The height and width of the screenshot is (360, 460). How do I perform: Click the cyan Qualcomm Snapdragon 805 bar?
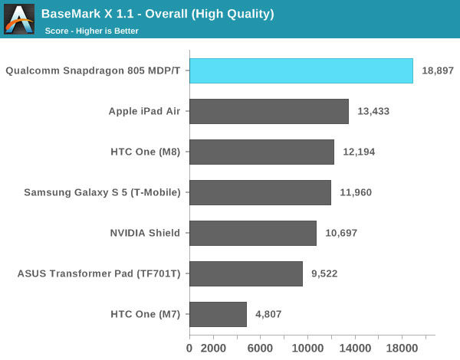point(301,70)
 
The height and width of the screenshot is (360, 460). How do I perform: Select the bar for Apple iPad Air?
point(268,111)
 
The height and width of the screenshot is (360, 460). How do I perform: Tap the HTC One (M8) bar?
point(261,152)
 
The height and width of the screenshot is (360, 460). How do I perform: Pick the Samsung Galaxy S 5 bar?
point(260,192)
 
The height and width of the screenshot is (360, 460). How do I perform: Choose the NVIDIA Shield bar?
point(253,233)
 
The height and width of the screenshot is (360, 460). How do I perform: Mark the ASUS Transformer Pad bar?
point(246,273)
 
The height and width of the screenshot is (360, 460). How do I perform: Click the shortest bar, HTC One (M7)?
point(218,314)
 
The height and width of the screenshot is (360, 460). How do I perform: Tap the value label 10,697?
point(341,233)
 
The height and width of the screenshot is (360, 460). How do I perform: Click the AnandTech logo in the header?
point(18,18)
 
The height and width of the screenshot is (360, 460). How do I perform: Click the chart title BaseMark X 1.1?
point(157,14)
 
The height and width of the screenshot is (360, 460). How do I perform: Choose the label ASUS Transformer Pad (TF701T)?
point(99,273)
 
